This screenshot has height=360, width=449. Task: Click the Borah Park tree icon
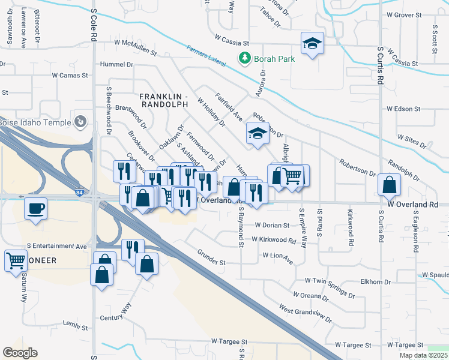click(x=244, y=58)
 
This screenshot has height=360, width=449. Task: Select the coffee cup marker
click(x=35, y=209)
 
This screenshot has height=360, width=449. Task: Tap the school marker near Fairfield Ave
click(x=257, y=133)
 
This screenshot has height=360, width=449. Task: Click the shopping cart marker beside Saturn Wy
click(x=16, y=261)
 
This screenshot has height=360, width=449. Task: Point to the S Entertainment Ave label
click(x=57, y=247)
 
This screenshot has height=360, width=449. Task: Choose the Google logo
click(x=20, y=353)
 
